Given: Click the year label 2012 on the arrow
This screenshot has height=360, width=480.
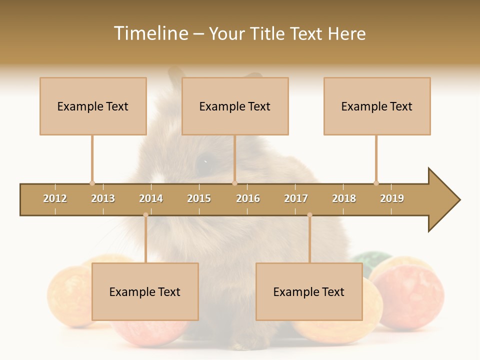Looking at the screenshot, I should [x=55, y=198].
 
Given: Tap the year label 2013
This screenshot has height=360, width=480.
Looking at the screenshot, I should [x=103, y=198].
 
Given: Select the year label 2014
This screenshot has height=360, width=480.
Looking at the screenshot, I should [x=151, y=198].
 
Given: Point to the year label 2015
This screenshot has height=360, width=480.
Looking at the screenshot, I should [x=199, y=198].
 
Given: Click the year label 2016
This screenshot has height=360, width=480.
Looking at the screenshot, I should [x=248, y=198].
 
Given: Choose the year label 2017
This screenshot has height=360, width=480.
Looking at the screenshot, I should [x=296, y=198].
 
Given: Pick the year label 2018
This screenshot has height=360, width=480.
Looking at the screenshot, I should [x=344, y=198].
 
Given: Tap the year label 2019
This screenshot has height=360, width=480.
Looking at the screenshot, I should [x=392, y=198].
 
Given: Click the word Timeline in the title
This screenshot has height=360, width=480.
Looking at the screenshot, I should [x=150, y=33].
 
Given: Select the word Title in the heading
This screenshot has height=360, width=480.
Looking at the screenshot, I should [x=268, y=33].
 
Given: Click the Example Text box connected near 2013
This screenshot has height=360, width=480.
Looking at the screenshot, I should [x=93, y=106].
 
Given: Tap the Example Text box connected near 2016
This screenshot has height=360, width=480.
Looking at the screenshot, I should [x=235, y=106].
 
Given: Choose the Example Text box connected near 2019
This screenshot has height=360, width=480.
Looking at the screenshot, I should [x=377, y=106].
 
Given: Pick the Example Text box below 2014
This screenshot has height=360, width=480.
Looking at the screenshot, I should [x=145, y=291].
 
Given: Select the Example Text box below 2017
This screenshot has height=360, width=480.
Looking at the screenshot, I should [x=309, y=291].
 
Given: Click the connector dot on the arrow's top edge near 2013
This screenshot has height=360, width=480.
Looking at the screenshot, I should [x=92, y=183].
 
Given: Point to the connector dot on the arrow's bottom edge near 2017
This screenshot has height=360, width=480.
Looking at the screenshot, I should [x=309, y=215].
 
